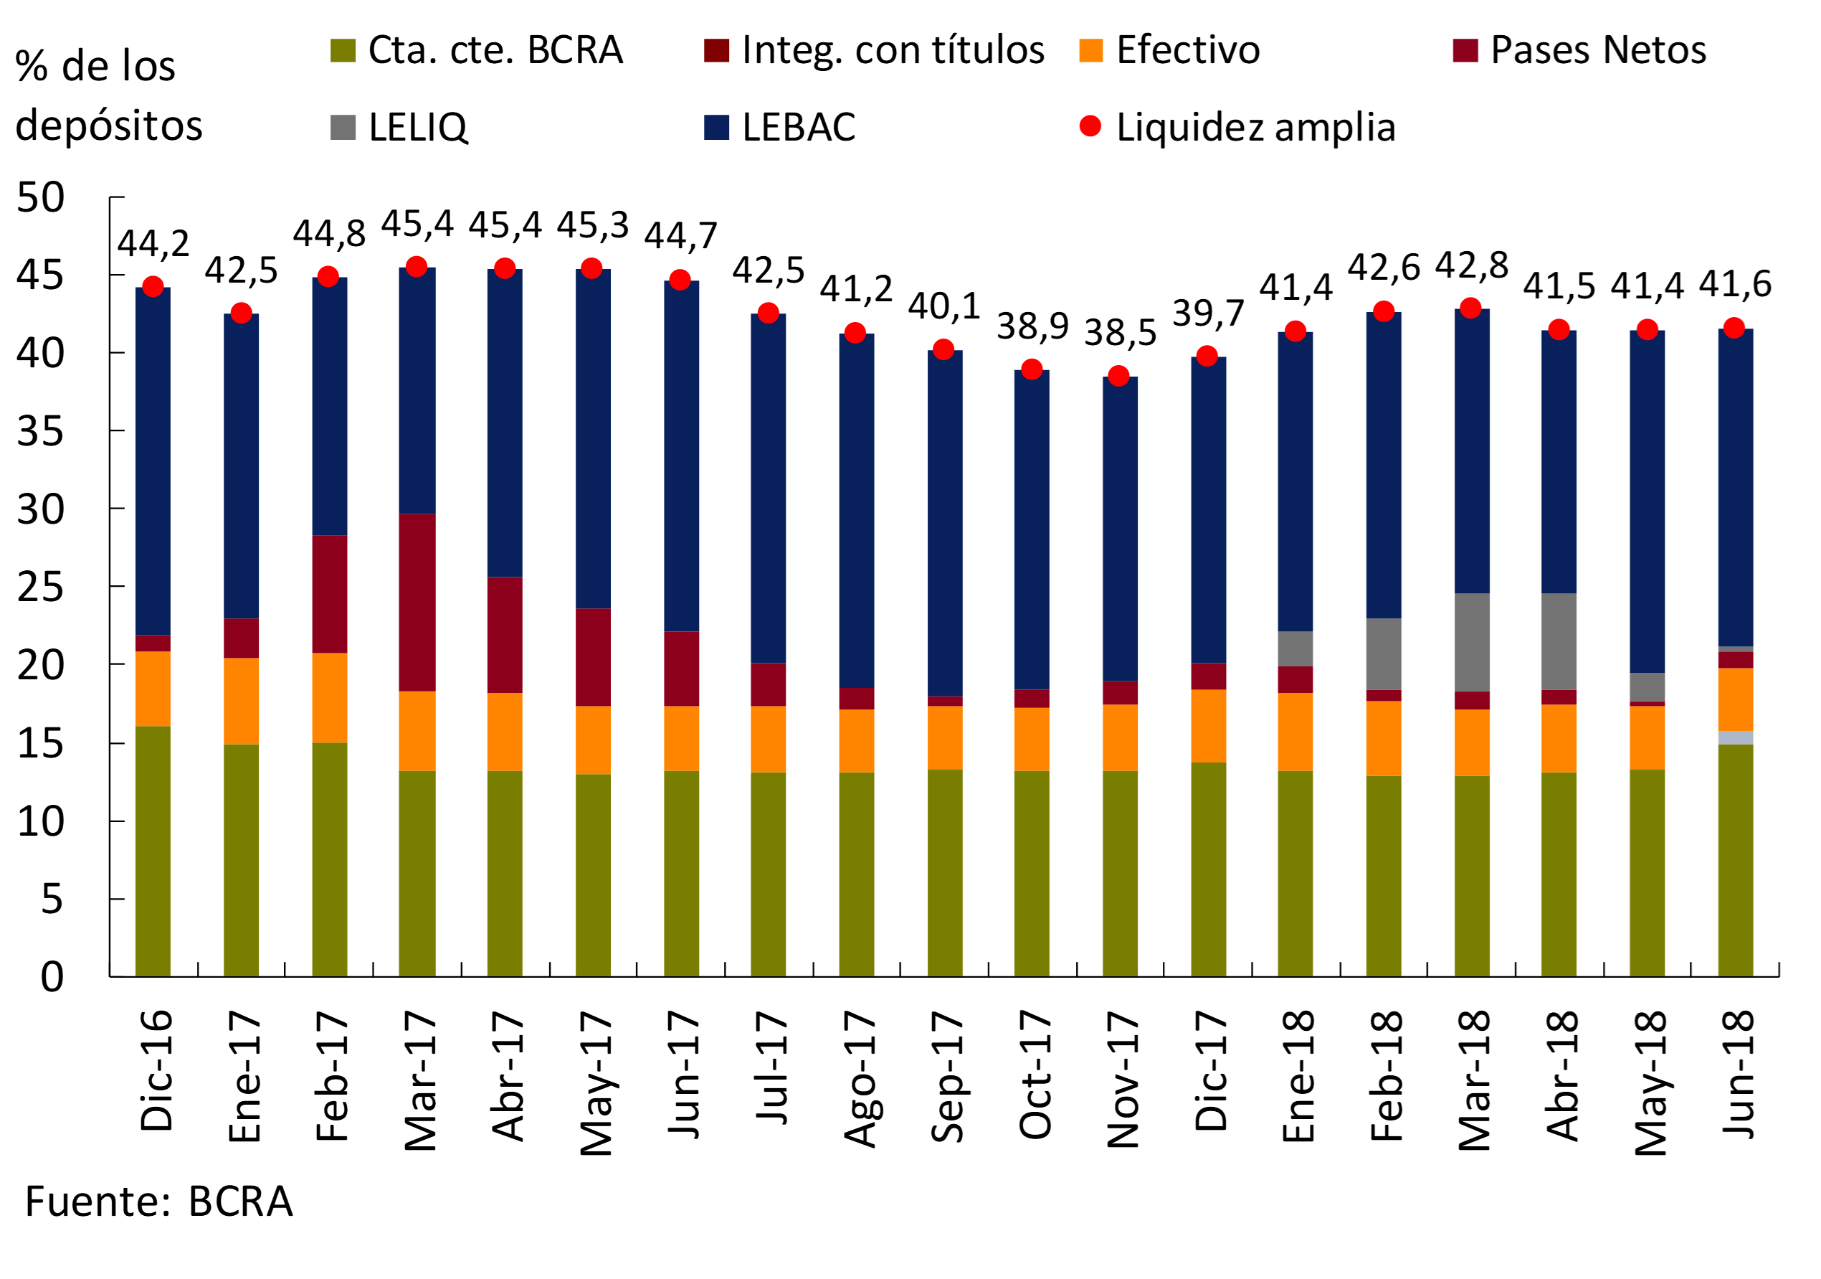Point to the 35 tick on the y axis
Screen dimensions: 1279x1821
[40, 432]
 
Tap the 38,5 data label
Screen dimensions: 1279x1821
[1120, 332]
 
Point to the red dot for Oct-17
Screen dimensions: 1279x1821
[1032, 369]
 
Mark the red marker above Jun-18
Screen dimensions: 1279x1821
[1734, 328]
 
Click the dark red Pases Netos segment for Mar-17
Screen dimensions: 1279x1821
[417, 603]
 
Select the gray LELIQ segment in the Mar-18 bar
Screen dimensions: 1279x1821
[1471, 642]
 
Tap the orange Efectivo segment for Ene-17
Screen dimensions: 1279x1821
[241, 701]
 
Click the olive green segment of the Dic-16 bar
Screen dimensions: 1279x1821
[153, 851]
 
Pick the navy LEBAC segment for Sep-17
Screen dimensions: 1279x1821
[945, 523]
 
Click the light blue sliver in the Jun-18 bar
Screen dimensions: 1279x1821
[1736, 737]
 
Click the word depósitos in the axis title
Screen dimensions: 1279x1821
[109, 126]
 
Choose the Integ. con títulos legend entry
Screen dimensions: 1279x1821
[893, 50]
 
